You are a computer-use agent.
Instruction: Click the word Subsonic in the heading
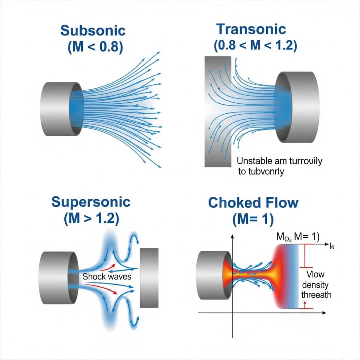point(93,30)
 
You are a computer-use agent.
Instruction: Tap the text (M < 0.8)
point(93,47)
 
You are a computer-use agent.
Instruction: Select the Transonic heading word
point(251,29)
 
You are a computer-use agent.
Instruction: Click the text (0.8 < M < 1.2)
point(251,45)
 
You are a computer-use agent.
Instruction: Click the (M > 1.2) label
point(91,219)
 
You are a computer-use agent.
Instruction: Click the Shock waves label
point(107,276)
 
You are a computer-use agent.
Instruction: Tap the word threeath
point(316,295)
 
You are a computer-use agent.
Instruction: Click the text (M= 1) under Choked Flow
point(252,219)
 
